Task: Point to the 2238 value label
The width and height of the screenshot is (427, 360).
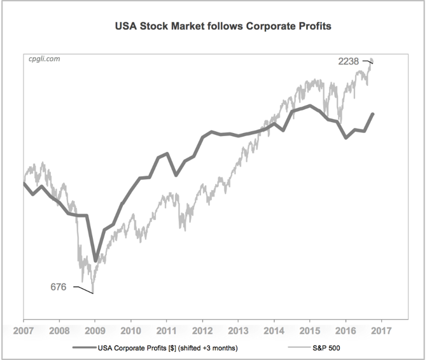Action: tap(349, 61)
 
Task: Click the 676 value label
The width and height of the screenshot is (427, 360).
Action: tap(59, 287)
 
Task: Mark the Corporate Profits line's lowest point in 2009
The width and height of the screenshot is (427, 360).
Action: tap(95, 260)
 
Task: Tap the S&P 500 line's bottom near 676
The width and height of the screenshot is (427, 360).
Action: tap(93, 293)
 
